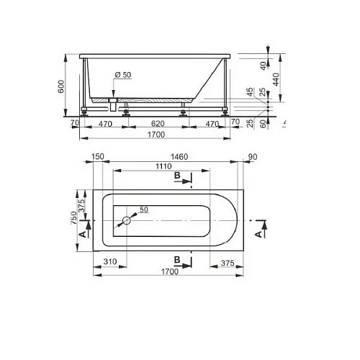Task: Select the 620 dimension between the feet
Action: (x=156, y=124)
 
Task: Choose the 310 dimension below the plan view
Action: (x=110, y=262)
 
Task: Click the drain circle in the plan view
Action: (x=127, y=221)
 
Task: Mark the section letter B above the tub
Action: (x=176, y=176)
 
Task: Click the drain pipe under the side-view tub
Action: (x=112, y=105)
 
